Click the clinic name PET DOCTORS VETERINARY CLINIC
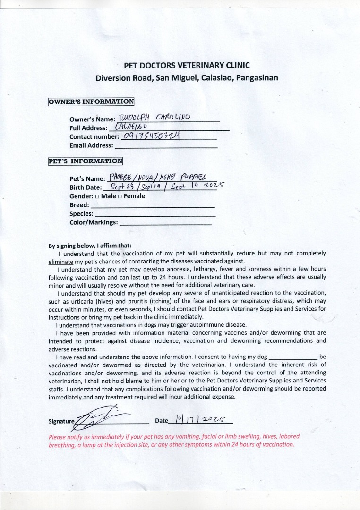pos(187,66)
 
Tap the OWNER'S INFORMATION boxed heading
pos(91,102)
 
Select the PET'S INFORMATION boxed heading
pos(86,161)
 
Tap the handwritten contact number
pos(151,136)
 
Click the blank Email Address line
pos(166,147)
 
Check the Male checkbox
pos(97,196)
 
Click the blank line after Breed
pos(152,207)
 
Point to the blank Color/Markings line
pos(165,224)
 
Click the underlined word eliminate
pos(61,261)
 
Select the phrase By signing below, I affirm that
pos(90,246)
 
